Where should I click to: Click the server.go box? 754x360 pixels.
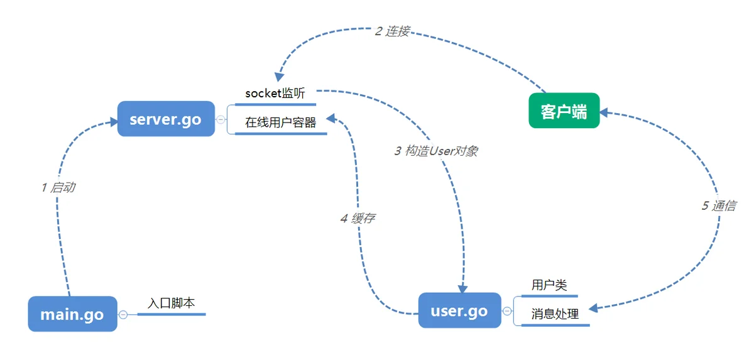pos(166,119)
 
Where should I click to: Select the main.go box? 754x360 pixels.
pos(72,314)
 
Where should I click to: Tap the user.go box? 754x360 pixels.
pos(459,310)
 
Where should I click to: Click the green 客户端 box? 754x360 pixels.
pos(564,111)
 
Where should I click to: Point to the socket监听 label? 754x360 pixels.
pos(275,94)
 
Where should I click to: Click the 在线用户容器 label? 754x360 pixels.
pos(281,123)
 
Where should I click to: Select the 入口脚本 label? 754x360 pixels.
pos(172,303)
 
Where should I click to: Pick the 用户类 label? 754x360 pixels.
pos(549,285)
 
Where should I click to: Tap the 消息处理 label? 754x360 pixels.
pos(555,314)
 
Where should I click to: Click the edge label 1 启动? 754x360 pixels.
pos(58,187)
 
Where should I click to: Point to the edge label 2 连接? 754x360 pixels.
pos(392,31)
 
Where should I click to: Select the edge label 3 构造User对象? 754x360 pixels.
pos(436,151)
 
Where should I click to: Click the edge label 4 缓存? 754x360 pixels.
pos(358,219)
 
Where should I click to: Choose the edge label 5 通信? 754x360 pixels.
pos(719,205)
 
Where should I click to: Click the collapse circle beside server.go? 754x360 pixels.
pos(221,119)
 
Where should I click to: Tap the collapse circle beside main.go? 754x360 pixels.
pos(123,314)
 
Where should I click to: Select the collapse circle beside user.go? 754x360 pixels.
pos(507,310)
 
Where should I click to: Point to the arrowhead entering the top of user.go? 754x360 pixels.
pos(462,288)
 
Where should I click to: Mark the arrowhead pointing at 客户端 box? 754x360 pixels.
pos(604,112)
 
